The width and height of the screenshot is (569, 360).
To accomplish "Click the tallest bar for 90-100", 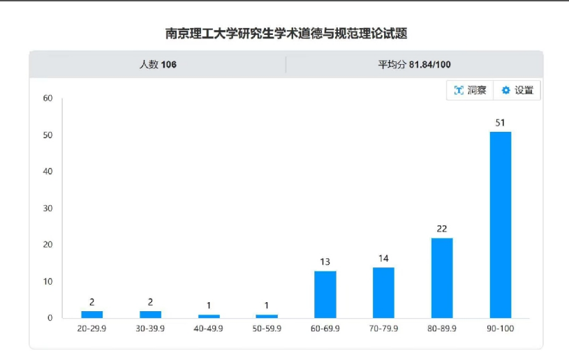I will [500, 225].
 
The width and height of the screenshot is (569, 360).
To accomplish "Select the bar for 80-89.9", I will [442, 278].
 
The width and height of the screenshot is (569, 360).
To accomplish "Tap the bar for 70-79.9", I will [383, 292].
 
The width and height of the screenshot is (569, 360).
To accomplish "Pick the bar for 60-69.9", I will [325, 294].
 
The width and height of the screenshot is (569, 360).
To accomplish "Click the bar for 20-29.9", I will [91, 315].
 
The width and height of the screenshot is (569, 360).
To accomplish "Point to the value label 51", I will [500, 123].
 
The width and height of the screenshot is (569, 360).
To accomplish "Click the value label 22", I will [442, 229].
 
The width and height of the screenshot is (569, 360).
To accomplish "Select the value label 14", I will [383, 258].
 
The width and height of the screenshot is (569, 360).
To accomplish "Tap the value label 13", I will [325, 262].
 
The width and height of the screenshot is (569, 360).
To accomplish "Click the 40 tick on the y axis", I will [47, 172].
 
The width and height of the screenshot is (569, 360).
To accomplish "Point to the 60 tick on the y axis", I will [47, 98].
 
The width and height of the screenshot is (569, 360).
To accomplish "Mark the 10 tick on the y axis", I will [47, 282].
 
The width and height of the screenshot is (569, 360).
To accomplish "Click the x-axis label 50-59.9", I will [267, 329].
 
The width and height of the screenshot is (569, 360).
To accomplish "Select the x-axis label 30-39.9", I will [150, 329].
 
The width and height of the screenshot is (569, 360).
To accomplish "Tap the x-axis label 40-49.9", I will [208, 329].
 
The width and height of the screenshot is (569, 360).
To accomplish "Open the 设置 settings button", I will [517, 90].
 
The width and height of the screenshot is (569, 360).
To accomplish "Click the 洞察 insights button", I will [470, 90].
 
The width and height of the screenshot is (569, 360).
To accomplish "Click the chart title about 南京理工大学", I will [285, 33].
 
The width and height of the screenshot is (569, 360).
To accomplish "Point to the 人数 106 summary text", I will [158, 64].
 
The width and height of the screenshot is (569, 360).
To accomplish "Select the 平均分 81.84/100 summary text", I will [414, 64].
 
